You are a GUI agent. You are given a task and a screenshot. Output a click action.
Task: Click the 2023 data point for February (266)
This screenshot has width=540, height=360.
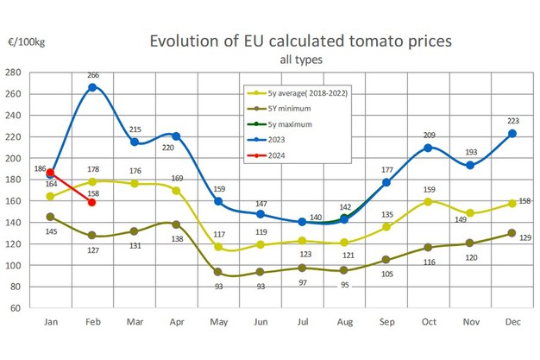92,87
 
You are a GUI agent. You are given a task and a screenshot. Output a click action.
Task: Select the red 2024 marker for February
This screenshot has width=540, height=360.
92,202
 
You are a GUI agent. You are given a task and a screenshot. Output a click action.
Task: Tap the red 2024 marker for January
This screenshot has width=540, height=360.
51,173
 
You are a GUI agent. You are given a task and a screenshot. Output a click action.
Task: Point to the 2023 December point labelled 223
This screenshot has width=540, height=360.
512,133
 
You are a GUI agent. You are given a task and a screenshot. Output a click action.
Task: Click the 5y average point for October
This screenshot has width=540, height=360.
429,201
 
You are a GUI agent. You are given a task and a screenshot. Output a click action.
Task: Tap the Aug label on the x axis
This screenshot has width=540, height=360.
344,321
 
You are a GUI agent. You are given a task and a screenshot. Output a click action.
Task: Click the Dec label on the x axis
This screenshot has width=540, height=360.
512,321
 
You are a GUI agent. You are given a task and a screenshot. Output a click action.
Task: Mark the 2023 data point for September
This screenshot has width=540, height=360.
386,182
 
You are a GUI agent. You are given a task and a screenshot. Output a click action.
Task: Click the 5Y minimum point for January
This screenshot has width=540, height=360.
51,217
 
